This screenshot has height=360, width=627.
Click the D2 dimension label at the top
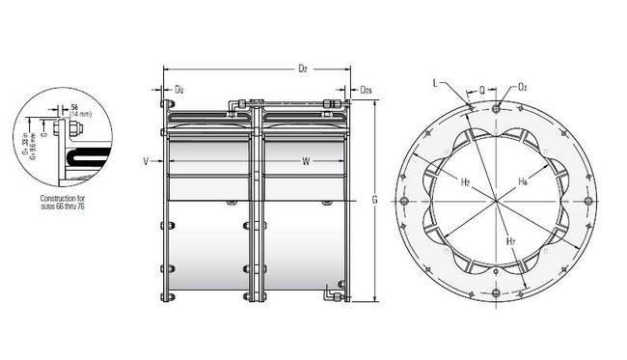(x=302, y=69)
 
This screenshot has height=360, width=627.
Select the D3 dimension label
(x=178, y=90)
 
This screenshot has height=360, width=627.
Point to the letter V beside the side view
(x=146, y=161)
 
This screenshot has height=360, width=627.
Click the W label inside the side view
(x=304, y=160)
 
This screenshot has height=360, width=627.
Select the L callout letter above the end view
(x=436, y=84)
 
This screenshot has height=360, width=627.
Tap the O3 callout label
(x=522, y=87)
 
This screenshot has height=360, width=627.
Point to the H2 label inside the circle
(x=465, y=181)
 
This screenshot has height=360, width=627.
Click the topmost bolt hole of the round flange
(x=496, y=106)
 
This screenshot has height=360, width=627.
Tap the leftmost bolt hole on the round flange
(x=402, y=200)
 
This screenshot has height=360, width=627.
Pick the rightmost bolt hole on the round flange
(x=587, y=200)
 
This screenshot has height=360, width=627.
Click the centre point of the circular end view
(x=495, y=200)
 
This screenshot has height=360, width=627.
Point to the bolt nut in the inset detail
(x=58, y=126)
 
